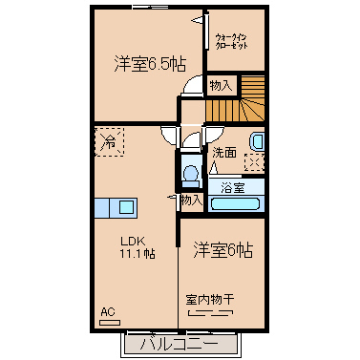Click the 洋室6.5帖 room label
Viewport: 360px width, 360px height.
click(150, 64)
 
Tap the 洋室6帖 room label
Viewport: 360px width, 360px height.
click(223, 250)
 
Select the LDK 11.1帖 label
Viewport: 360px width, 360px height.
click(138, 247)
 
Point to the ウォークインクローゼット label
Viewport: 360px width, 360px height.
click(231, 41)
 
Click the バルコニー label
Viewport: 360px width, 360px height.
click(180, 344)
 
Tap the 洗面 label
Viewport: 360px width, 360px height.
click(224, 153)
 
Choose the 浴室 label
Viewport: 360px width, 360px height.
click(233, 188)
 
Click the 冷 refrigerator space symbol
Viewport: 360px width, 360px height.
click(109, 142)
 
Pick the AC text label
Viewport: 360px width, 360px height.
click(108, 312)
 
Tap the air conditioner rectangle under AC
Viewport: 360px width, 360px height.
click(110, 323)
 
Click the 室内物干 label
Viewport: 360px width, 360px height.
click(210, 300)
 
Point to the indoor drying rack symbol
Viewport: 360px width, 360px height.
click(210, 313)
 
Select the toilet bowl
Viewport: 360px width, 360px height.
click(191, 174)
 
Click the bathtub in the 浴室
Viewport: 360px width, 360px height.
click(236, 204)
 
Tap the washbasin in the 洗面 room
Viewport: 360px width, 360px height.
click(257, 142)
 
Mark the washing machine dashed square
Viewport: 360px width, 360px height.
click(254, 162)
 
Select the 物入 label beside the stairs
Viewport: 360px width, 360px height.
click(221, 85)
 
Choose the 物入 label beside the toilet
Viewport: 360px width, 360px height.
click(191, 201)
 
